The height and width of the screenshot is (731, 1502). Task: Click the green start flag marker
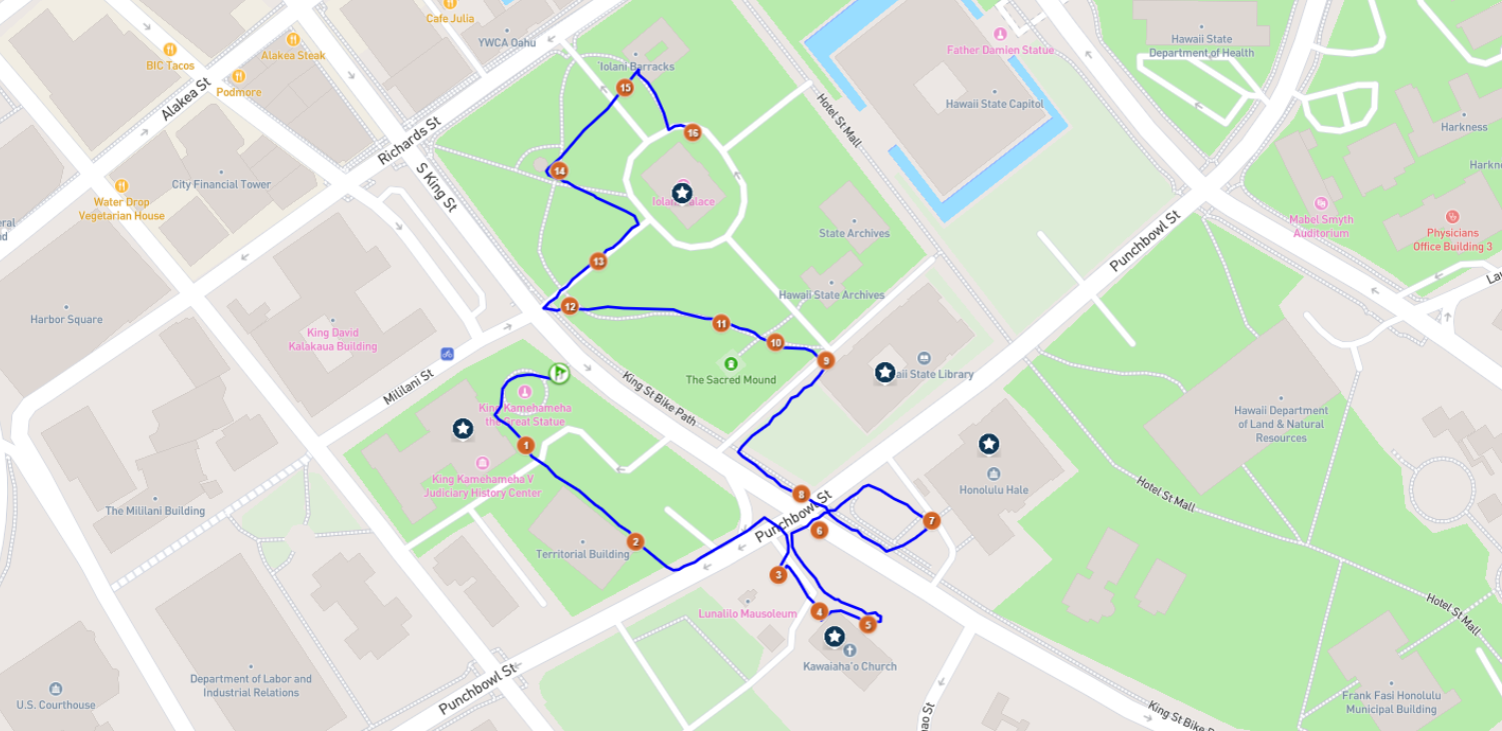pyautogui.click(x=560, y=373)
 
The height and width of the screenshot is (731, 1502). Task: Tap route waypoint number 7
pyautogui.click(x=931, y=520)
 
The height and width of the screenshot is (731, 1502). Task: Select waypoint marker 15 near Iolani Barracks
pyautogui.click(x=626, y=88)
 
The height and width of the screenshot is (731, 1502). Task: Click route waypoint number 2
pyautogui.click(x=635, y=542)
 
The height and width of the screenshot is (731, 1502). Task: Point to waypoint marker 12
pyautogui.click(x=570, y=306)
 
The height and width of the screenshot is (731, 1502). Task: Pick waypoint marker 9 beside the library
pyautogui.click(x=824, y=360)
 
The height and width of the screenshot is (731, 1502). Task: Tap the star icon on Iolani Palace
pyautogui.click(x=682, y=192)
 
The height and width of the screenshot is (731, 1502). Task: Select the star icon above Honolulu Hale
pyautogui.click(x=988, y=443)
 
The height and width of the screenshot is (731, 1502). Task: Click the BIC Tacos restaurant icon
pyautogui.click(x=170, y=49)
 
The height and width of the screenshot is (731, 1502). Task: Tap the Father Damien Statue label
pyautogui.click(x=999, y=50)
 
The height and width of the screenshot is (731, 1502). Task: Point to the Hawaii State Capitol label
pyautogui.click(x=994, y=104)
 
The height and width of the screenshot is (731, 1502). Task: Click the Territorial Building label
pyautogui.click(x=583, y=554)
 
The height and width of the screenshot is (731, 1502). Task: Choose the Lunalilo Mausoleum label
pyautogui.click(x=748, y=614)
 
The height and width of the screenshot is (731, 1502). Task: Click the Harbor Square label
pyautogui.click(x=66, y=320)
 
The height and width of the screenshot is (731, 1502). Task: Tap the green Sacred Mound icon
pyautogui.click(x=731, y=363)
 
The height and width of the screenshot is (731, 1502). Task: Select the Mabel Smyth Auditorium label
pyautogui.click(x=1321, y=226)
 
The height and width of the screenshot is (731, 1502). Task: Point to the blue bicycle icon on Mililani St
pyautogui.click(x=447, y=353)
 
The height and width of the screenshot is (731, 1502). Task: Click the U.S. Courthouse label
pyautogui.click(x=56, y=705)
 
